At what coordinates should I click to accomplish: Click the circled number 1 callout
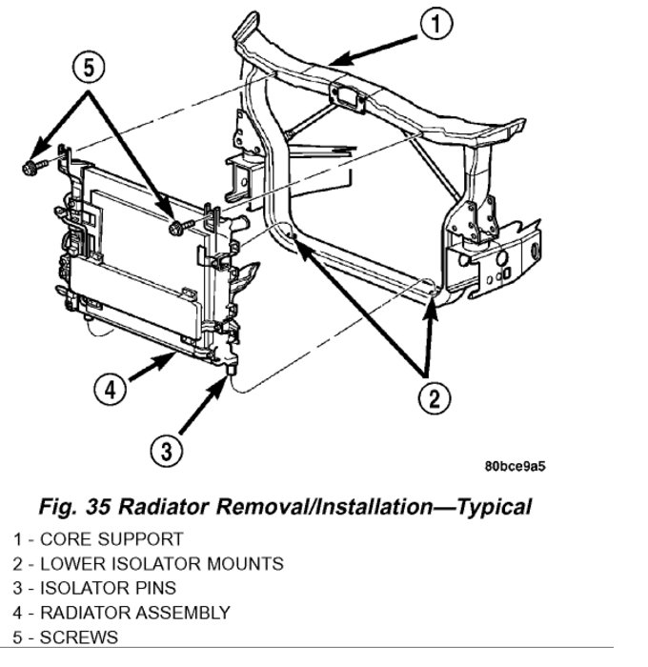435,26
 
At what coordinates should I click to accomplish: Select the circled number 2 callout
435,397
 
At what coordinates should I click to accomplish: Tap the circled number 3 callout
166,449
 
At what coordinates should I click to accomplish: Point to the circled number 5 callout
87,68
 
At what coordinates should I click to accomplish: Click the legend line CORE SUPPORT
98,538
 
